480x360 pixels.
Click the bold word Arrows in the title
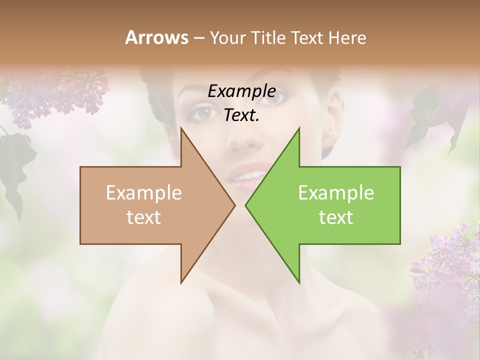156,37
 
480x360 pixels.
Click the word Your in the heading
227,37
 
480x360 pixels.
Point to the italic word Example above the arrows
241,91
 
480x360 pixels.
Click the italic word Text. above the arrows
241,115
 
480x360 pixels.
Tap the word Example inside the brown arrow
144,193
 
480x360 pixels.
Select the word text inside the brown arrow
144,217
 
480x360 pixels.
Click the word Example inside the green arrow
336,193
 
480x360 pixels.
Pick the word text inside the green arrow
336,217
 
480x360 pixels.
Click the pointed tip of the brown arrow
234,205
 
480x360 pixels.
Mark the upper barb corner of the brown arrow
181,128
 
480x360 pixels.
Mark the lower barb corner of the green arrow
299,283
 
